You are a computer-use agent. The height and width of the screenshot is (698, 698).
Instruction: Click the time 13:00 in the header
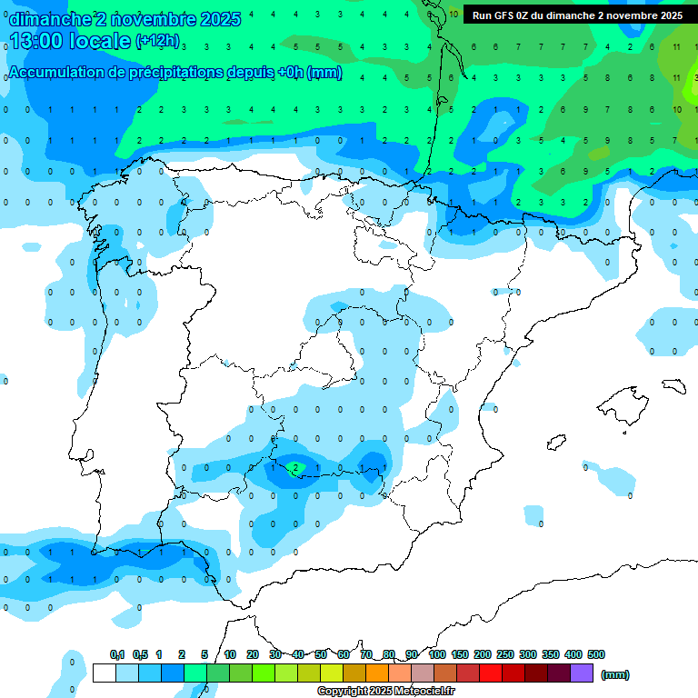coord(35,41)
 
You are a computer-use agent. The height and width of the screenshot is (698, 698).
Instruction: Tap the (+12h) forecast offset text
coord(157,41)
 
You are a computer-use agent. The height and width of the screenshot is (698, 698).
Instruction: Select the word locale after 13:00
coord(99,41)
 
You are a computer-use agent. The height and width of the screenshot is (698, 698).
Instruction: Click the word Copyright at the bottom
coord(341,692)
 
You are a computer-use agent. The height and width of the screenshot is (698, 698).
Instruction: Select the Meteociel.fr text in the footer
coord(424,692)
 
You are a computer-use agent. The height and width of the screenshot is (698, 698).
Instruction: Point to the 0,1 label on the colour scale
coord(117,654)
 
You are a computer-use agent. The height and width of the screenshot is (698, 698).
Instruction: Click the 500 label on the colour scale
coord(596,654)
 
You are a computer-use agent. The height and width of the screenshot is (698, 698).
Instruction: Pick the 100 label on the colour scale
coord(437,654)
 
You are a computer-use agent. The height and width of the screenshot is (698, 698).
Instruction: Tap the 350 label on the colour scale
coord(551,654)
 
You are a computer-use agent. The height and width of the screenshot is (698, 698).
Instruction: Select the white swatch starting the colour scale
coord(105,673)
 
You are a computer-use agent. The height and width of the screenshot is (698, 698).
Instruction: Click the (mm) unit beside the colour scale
coord(615,674)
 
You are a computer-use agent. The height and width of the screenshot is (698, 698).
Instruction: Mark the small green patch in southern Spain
coord(295,469)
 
